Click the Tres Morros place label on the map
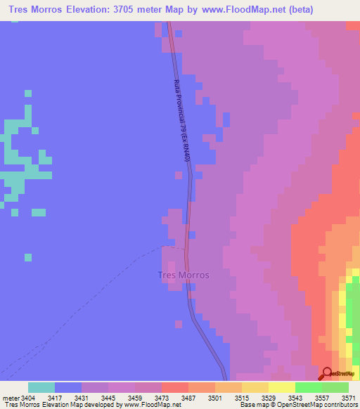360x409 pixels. (183, 275)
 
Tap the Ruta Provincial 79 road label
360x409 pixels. (181, 130)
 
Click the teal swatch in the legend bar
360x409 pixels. (41, 387)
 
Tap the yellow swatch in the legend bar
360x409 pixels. (281, 387)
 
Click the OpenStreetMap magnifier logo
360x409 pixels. (326, 372)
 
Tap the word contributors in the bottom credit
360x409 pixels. (340, 405)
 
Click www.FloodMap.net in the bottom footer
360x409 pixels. (148, 405)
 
